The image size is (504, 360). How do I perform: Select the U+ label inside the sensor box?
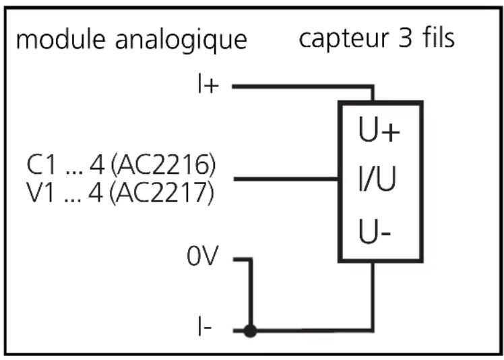pyautogui.click(x=379, y=132)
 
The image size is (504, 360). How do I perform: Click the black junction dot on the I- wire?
pyautogui.click(x=251, y=332)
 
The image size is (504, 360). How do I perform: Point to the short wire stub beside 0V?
pyautogui.click(x=242, y=260)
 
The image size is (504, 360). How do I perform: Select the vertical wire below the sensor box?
pyautogui.click(x=373, y=297)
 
